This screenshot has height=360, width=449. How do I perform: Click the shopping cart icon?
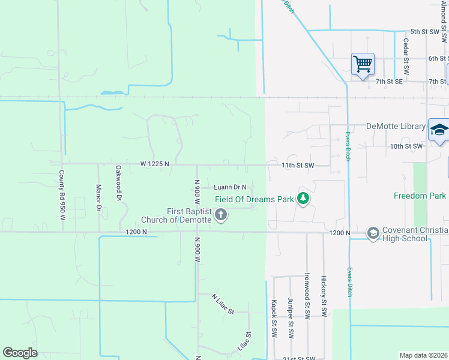pyautogui.click(x=363, y=63)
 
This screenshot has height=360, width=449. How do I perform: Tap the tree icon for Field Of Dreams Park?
pyautogui.click(x=304, y=199)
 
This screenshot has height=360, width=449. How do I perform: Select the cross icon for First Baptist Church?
pyautogui.click(x=221, y=214)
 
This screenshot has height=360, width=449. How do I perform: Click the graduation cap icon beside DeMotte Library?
pyautogui.click(x=439, y=130)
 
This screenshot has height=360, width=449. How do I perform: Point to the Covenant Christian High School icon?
pyautogui.click(x=373, y=233)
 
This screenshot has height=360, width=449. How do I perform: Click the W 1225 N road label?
pyautogui.click(x=155, y=163)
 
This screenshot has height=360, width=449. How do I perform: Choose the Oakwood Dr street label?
pyautogui.click(x=119, y=183)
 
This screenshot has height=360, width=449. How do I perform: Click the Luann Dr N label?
pyautogui.click(x=227, y=187)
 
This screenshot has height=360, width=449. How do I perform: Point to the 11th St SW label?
pyautogui.click(x=298, y=164)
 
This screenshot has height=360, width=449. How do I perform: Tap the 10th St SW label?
pyautogui.click(x=407, y=146)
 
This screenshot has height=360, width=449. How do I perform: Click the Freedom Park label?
pyautogui.click(x=420, y=196)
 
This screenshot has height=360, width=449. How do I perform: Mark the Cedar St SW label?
pyautogui.click(x=406, y=56)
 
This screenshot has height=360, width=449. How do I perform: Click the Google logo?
pyautogui.click(x=20, y=352)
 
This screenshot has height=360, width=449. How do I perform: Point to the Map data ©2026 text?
pyautogui.click(x=424, y=355)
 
